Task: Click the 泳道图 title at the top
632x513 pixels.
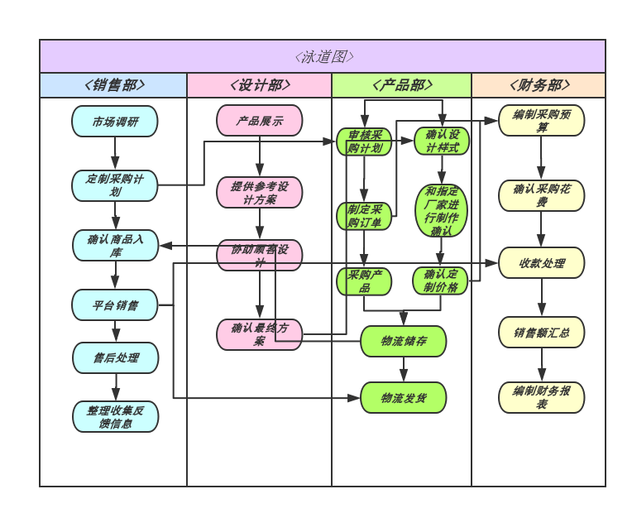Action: coord(323,56)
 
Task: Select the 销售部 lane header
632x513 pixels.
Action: coord(113,85)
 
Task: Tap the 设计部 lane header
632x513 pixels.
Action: coord(259,85)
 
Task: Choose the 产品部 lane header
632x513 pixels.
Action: coord(401,85)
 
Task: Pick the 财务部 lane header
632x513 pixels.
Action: coord(538,85)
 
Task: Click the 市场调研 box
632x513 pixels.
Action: coord(115,122)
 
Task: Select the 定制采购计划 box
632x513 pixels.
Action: coord(115,185)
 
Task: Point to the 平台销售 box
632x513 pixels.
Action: coord(115,305)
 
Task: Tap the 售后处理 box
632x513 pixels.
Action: coord(115,358)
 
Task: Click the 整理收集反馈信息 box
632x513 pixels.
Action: coord(115,416)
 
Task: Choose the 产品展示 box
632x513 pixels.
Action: coord(259,121)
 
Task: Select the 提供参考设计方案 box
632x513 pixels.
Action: coord(259,192)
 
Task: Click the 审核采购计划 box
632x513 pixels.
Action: coord(364,141)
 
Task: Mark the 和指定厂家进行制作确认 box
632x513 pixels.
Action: coord(441,211)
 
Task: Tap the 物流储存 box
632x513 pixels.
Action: coord(403,341)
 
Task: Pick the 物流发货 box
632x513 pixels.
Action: coord(403,398)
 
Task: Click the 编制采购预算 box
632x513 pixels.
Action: coord(541,121)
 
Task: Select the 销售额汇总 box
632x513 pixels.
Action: coord(541,333)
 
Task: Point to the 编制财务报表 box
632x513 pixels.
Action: coord(541,397)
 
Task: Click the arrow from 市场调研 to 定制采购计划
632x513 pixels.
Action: coord(115,154)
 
